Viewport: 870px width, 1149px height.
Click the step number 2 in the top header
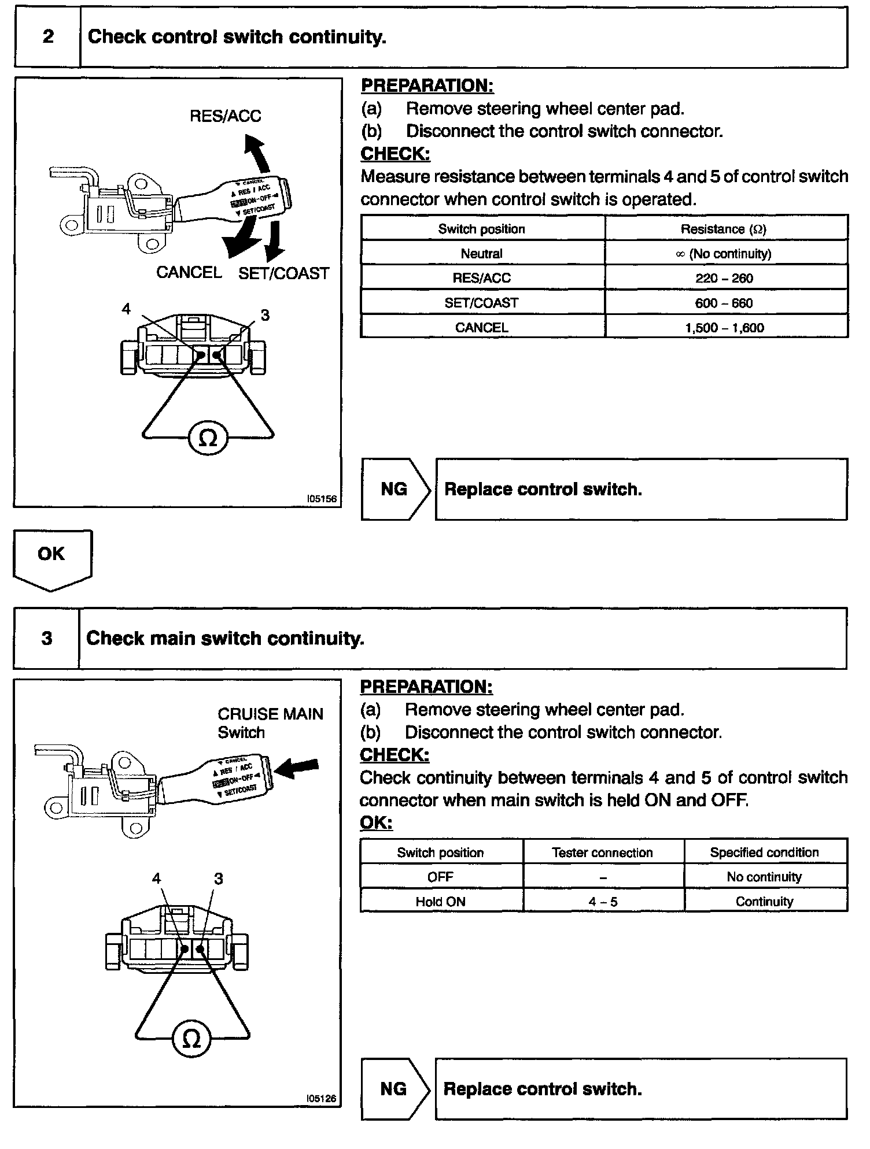pyautogui.click(x=48, y=37)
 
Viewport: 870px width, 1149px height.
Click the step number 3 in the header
pyautogui.click(x=47, y=638)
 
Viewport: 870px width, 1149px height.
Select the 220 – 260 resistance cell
pyautogui.click(x=724, y=278)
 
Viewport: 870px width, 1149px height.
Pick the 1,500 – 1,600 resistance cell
pyautogui.click(x=724, y=328)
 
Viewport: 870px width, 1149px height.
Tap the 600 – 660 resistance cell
pyautogui.click(x=724, y=303)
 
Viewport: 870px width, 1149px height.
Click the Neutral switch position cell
pyautogui.click(x=482, y=253)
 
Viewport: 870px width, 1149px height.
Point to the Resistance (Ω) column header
pyautogui.click(x=724, y=229)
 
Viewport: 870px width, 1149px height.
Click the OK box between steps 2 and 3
pyautogui.click(x=51, y=555)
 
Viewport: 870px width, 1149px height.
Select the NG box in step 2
pyautogui.click(x=395, y=490)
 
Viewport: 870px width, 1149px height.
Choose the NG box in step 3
pyautogui.click(x=394, y=1089)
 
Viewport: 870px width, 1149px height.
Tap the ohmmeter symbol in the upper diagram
pyautogui.click(x=208, y=440)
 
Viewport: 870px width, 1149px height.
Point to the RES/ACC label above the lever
pyautogui.click(x=226, y=116)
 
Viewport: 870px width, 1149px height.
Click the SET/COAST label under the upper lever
pyautogui.click(x=283, y=273)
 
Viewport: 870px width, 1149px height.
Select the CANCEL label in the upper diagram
pyautogui.click(x=189, y=272)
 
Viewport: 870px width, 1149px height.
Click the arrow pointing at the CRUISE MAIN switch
pyautogui.click(x=296, y=768)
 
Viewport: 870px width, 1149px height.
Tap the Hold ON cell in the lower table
pyautogui.click(x=441, y=901)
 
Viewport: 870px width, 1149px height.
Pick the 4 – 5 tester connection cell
pyautogui.click(x=603, y=901)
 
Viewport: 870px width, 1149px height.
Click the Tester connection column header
pyautogui.click(x=603, y=853)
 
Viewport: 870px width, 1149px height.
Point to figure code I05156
pyautogui.click(x=322, y=498)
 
